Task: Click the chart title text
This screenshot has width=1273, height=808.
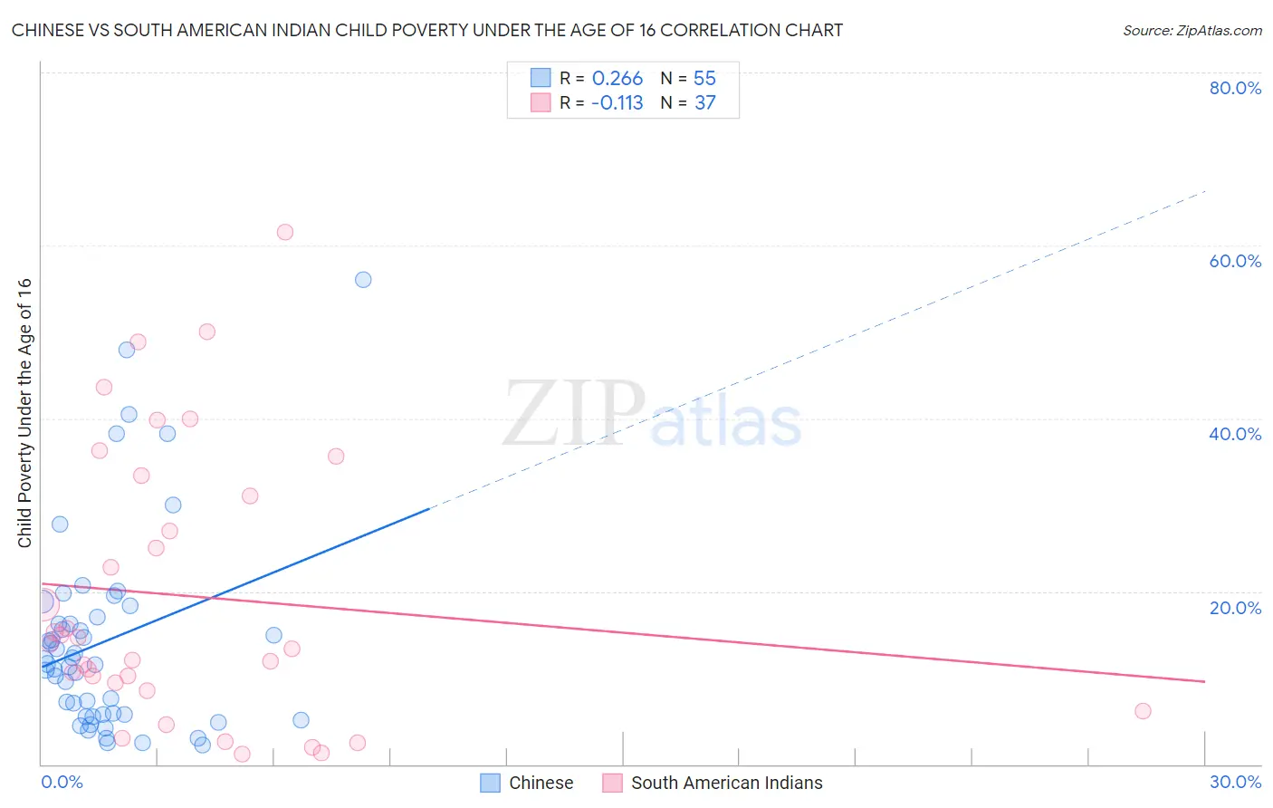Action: click(x=426, y=30)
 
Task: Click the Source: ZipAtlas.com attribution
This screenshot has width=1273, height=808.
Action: click(x=1192, y=30)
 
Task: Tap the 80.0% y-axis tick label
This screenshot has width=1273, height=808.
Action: click(x=1235, y=88)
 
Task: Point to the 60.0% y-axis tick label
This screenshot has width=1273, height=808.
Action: click(x=1235, y=261)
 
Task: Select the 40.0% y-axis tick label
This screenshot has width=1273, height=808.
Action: click(x=1235, y=434)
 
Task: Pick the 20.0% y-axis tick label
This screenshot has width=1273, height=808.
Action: click(x=1235, y=608)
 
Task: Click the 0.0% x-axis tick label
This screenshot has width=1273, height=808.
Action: click(x=62, y=782)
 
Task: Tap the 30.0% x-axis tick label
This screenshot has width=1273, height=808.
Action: click(x=1235, y=782)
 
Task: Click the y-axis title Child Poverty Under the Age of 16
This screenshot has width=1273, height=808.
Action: click(x=24, y=412)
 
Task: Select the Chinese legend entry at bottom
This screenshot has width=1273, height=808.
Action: click(x=527, y=783)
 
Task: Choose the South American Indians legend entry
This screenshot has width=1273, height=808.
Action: click(x=713, y=783)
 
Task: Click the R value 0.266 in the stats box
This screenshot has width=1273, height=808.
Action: click(x=617, y=79)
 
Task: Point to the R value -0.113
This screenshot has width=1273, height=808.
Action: click(x=617, y=103)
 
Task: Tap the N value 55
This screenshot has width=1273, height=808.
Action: click(x=704, y=79)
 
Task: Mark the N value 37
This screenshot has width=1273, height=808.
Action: click(x=704, y=103)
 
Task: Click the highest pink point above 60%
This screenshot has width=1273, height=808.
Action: click(x=285, y=232)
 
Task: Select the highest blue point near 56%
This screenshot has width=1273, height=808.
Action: click(x=363, y=280)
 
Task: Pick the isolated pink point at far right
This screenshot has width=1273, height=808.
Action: click(x=1143, y=711)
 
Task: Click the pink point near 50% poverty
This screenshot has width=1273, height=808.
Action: click(x=207, y=332)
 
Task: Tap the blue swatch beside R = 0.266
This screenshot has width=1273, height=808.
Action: click(x=541, y=79)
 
